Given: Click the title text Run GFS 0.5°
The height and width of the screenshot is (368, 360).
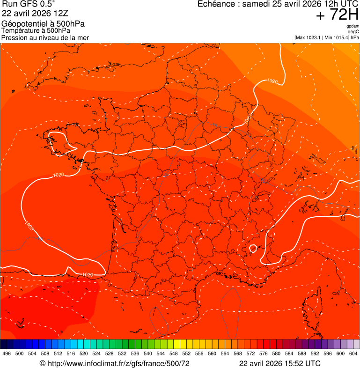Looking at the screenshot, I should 29,4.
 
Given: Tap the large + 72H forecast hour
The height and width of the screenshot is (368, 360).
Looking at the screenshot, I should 337,15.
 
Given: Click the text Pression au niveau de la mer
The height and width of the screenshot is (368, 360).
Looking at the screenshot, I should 45,37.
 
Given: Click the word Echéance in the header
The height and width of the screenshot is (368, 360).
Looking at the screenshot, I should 216,4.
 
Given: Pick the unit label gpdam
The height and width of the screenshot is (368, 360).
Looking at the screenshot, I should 353,26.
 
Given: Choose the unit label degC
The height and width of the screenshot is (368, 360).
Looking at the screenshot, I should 353,31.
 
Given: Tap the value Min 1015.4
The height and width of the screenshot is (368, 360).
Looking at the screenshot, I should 337,37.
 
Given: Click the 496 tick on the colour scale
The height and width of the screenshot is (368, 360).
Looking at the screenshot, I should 7,353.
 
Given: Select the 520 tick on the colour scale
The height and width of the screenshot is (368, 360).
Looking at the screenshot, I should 84,353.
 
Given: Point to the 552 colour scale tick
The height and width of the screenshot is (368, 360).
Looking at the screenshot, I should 186,353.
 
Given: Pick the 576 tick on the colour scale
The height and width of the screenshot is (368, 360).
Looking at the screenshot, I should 264,353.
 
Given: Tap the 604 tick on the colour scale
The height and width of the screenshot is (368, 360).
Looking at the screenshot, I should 353,353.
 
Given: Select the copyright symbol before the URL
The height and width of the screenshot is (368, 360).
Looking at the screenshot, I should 42,363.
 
